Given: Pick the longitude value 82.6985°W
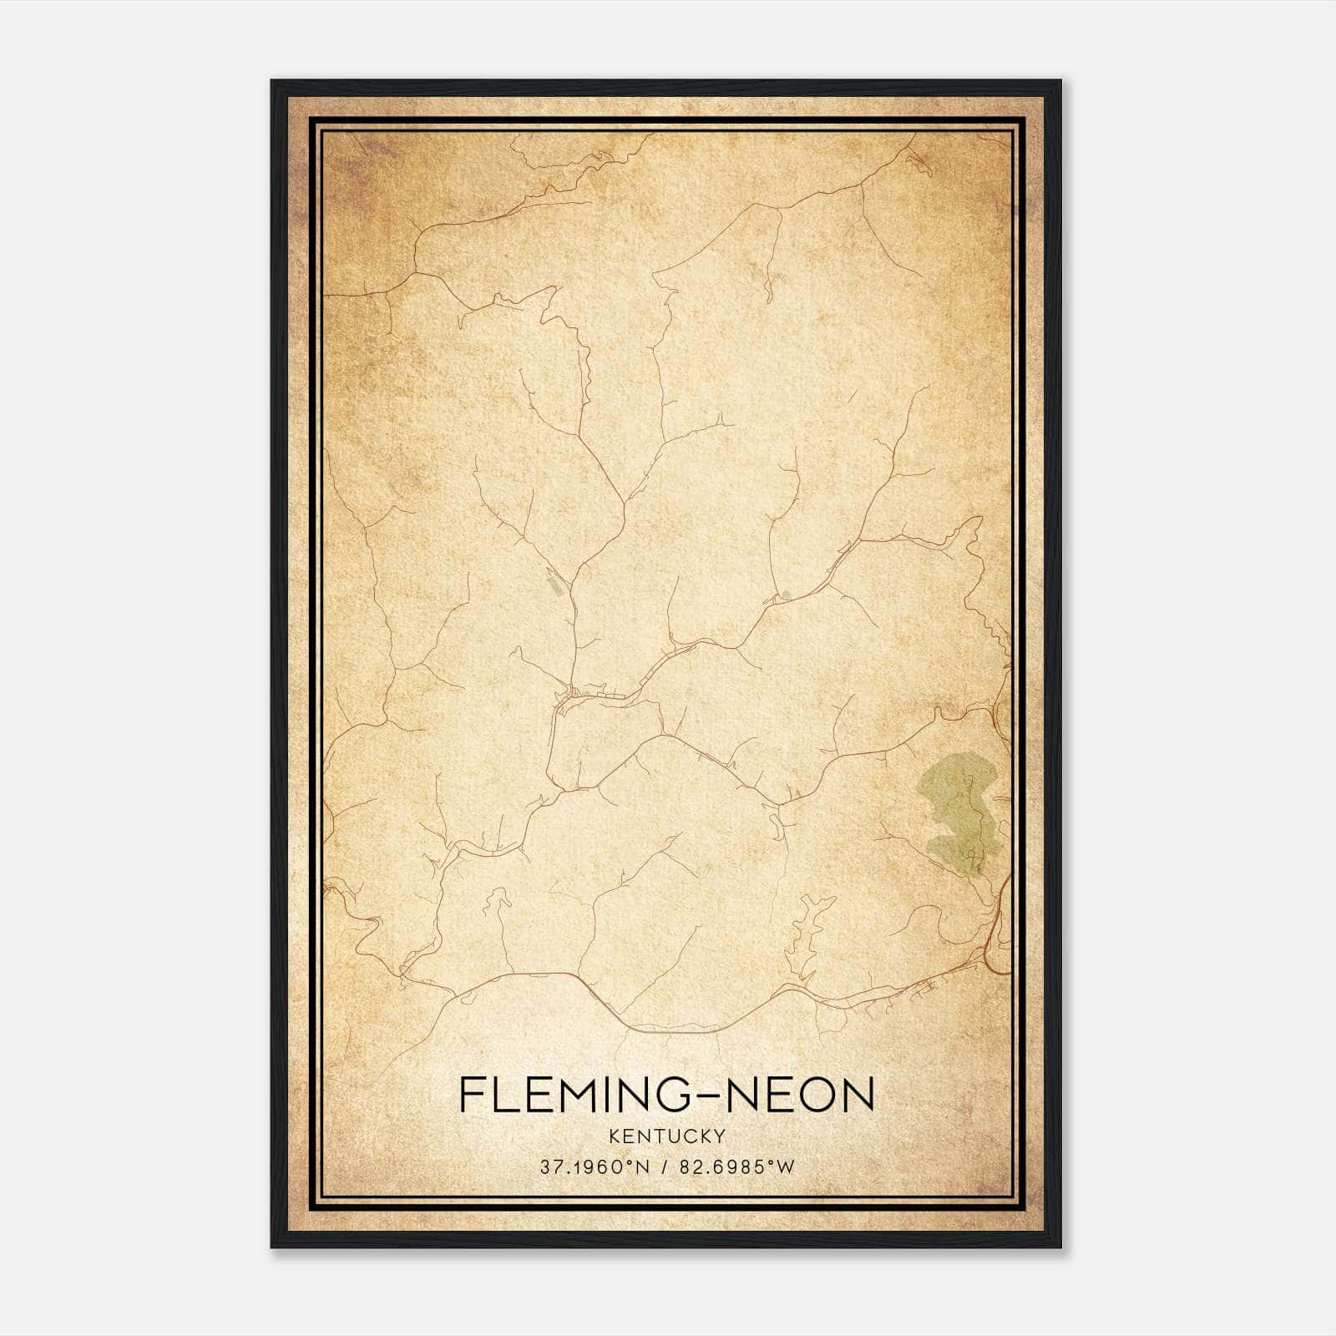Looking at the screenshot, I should click(736, 1167).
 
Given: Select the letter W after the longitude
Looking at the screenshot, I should click(786, 1167).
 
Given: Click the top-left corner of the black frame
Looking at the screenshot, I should click(272, 81).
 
